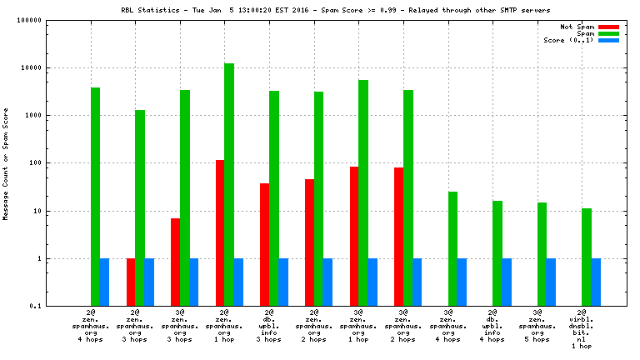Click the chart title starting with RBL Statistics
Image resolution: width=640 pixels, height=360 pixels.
[x=319, y=11]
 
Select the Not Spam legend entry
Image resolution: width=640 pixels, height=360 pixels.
[x=577, y=27]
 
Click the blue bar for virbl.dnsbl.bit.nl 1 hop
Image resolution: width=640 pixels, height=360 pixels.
[x=596, y=282]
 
